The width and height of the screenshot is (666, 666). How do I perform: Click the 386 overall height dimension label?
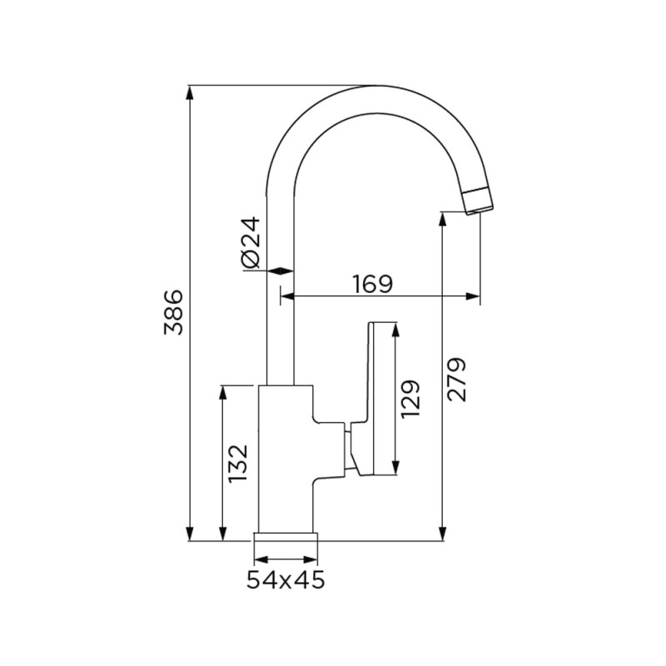click(x=173, y=312)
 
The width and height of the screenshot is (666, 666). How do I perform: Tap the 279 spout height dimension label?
click(x=456, y=380)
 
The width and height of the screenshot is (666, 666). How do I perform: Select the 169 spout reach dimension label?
click(x=373, y=284)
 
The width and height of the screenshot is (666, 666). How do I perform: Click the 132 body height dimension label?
click(x=237, y=464)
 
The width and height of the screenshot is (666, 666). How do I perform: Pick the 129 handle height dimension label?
click(x=410, y=399)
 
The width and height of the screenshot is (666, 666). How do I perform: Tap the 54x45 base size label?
click(x=286, y=579)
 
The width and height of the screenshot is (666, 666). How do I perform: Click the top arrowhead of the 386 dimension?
click(x=191, y=93)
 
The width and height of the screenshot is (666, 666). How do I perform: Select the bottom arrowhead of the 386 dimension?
click(x=191, y=534)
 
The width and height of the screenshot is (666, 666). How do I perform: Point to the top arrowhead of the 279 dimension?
click(x=443, y=219)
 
